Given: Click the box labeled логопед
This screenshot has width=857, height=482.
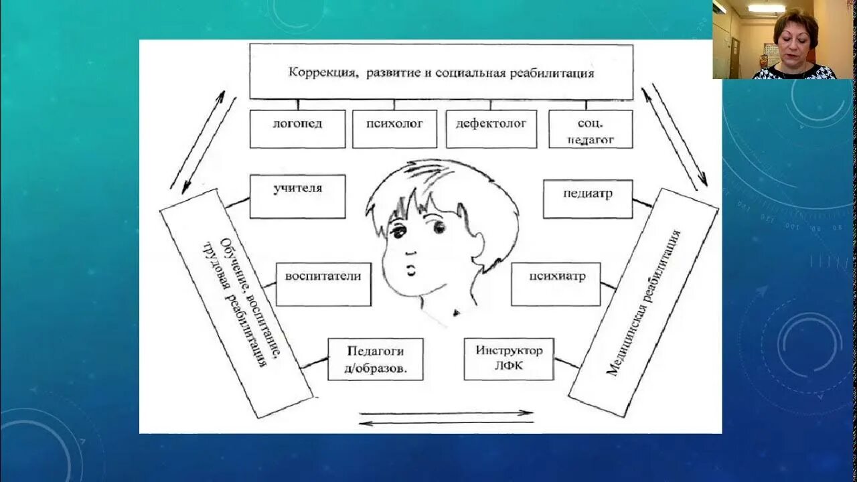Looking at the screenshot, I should click(297, 129).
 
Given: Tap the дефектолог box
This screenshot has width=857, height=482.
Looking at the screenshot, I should click(491, 129).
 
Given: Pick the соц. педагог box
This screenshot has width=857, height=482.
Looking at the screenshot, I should click(590, 129).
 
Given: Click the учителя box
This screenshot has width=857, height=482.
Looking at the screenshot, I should click(297, 196).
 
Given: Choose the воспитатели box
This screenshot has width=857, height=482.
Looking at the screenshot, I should click(323, 284).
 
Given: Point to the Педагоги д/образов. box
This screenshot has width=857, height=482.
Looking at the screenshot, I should click(375, 359).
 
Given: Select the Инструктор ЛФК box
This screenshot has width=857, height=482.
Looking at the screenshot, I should click(509, 359).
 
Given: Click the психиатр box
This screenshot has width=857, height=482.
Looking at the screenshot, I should click(555, 284).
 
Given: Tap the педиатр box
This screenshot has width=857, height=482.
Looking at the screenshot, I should click(587, 198).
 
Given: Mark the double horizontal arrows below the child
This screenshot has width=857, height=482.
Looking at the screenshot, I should click(446, 418).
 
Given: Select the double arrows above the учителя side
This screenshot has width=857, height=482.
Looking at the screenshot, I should click(203, 140).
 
